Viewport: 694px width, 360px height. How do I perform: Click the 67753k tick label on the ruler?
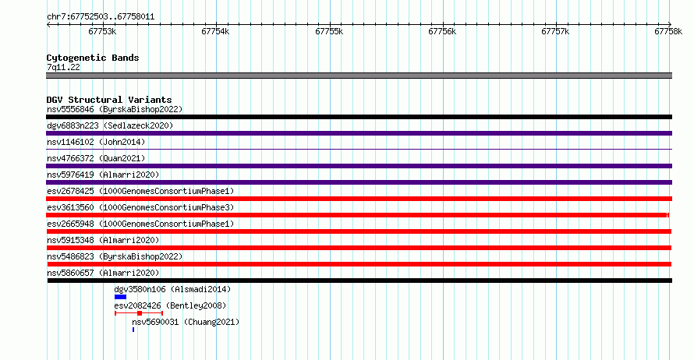[x=102, y=31]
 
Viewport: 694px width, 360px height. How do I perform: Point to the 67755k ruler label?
[x=329, y=31]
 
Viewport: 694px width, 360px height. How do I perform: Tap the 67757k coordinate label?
[x=555, y=31]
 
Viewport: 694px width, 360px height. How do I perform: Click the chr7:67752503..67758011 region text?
[x=101, y=17]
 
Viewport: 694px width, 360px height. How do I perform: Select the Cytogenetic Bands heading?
[x=93, y=58]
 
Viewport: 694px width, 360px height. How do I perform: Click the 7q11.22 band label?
[x=63, y=67]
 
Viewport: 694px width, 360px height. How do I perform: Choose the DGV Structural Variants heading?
[x=109, y=100]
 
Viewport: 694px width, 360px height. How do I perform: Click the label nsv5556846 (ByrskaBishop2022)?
[x=115, y=109]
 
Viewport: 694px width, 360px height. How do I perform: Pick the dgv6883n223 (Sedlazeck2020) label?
[x=110, y=125]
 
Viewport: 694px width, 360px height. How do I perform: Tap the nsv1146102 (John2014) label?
[x=96, y=142]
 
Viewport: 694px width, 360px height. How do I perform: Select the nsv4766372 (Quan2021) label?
[x=96, y=158]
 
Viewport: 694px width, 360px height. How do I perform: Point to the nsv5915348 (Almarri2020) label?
[x=103, y=240]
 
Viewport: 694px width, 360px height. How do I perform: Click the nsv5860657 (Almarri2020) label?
[x=103, y=273]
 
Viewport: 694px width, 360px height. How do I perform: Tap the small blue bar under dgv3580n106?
[x=120, y=297]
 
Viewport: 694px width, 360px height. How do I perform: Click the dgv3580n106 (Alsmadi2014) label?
[x=172, y=289]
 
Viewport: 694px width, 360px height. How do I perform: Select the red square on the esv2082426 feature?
[x=140, y=313]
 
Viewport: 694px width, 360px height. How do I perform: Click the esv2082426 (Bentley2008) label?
[x=170, y=305]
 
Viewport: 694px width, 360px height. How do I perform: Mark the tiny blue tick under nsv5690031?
[x=133, y=330]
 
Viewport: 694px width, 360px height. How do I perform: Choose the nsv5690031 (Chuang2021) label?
[x=186, y=322]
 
